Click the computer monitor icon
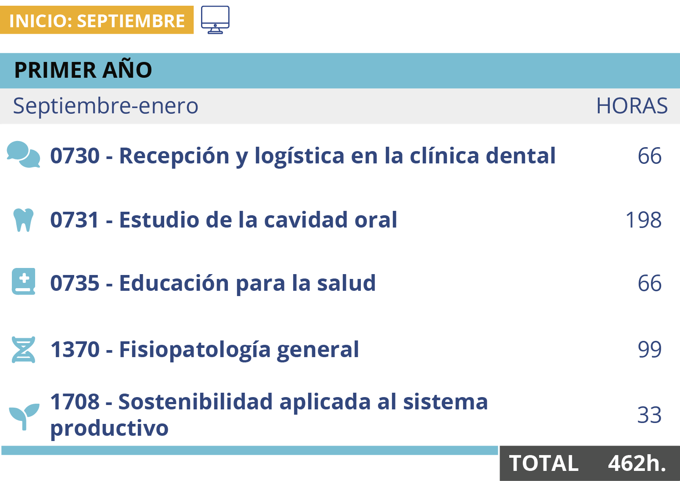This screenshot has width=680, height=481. click(215, 20)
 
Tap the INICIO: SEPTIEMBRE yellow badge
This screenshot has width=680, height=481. click(97, 20)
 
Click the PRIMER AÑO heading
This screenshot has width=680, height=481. click(83, 70)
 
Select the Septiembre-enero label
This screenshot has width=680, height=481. click(105, 106)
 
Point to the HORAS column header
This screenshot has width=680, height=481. click(632, 106)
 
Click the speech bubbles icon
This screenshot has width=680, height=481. click(23, 154)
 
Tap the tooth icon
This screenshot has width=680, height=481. click(23, 220)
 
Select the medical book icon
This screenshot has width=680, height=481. click(23, 282)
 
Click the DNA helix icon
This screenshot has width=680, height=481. click(23, 349)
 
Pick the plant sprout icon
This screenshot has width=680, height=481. click(24, 416)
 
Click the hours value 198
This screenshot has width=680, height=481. click(644, 220)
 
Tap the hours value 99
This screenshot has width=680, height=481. click(650, 349)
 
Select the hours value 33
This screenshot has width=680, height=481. click(649, 415)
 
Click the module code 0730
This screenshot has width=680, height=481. click(75, 156)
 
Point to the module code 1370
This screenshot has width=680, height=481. click(75, 349)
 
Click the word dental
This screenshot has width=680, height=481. click(521, 155)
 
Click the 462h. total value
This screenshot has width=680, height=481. click(637, 463)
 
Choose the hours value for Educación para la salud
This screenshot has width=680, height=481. click(650, 283)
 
